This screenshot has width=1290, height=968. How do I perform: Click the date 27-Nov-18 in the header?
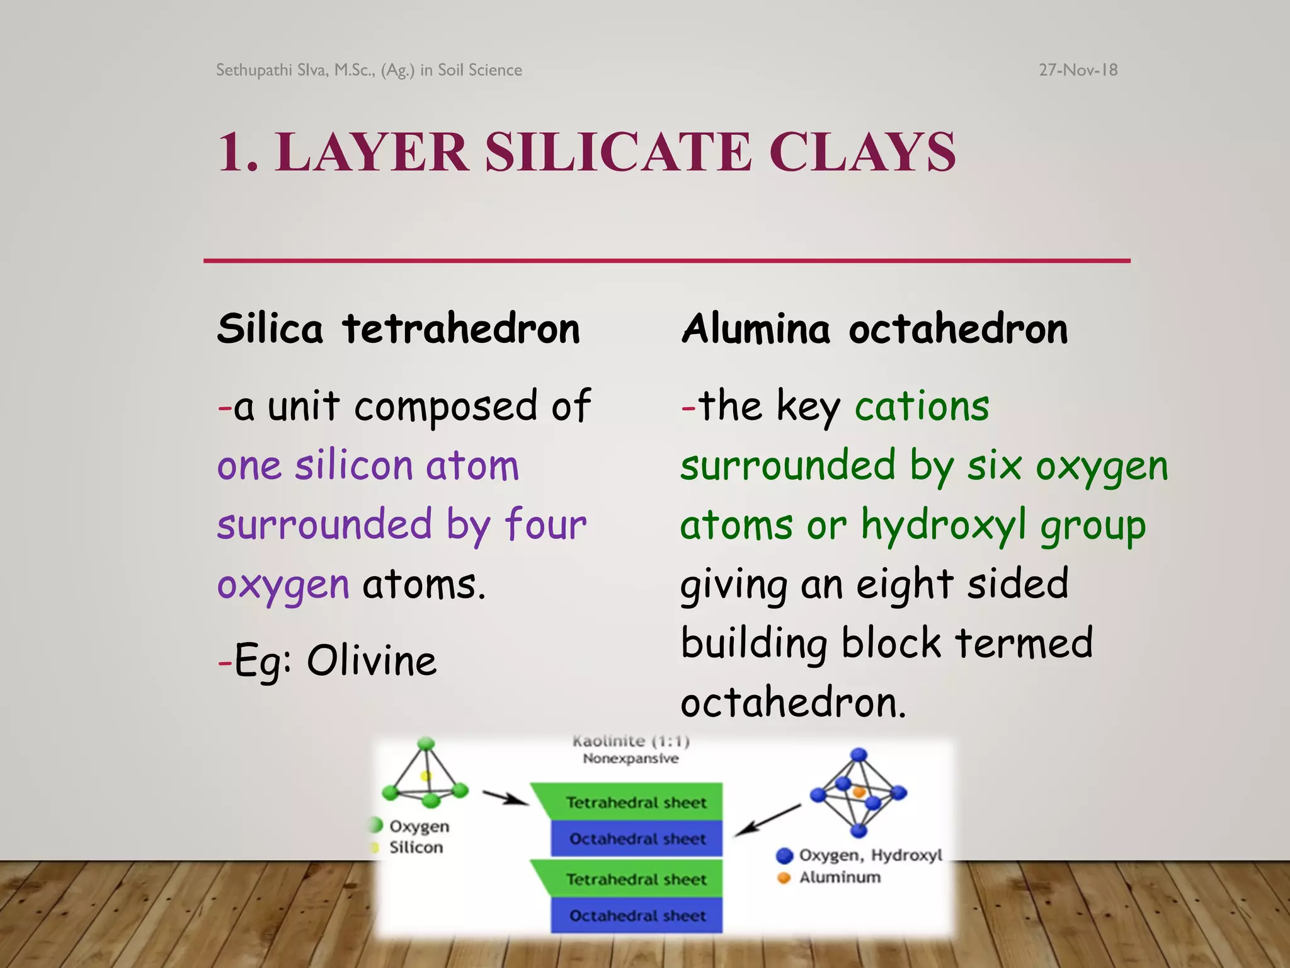click(1078, 70)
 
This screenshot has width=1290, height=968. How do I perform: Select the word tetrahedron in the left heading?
click(461, 329)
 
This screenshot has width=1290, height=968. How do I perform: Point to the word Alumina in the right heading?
click(756, 329)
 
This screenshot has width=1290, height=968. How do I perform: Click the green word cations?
click(922, 406)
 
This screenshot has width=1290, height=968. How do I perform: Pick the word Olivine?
click(372, 661)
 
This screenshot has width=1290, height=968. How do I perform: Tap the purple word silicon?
click(353, 466)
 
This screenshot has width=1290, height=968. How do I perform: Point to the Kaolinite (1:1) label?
click(631, 741)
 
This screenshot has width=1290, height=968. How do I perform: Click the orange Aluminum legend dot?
click(784, 877)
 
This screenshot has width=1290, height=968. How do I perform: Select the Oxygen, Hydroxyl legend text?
click(870, 855)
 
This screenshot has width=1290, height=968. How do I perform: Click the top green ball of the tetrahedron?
click(426, 744)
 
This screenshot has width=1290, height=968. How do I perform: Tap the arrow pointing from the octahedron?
click(767, 820)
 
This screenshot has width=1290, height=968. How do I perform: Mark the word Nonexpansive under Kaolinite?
click(631, 758)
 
